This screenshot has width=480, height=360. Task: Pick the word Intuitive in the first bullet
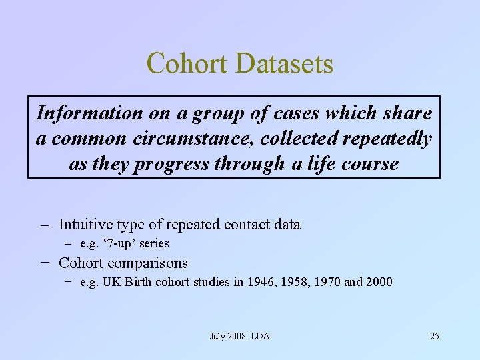pyautogui.click(x=85, y=224)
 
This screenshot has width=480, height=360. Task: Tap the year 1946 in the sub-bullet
pyautogui.click(x=261, y=282)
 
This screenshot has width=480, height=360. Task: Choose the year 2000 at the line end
pyautogui.click(x=379, y=282)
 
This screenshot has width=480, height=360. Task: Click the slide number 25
pyautogui.click(x=434, y=336)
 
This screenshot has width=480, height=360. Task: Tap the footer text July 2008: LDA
pyautogui.click(x=239, y=336)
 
